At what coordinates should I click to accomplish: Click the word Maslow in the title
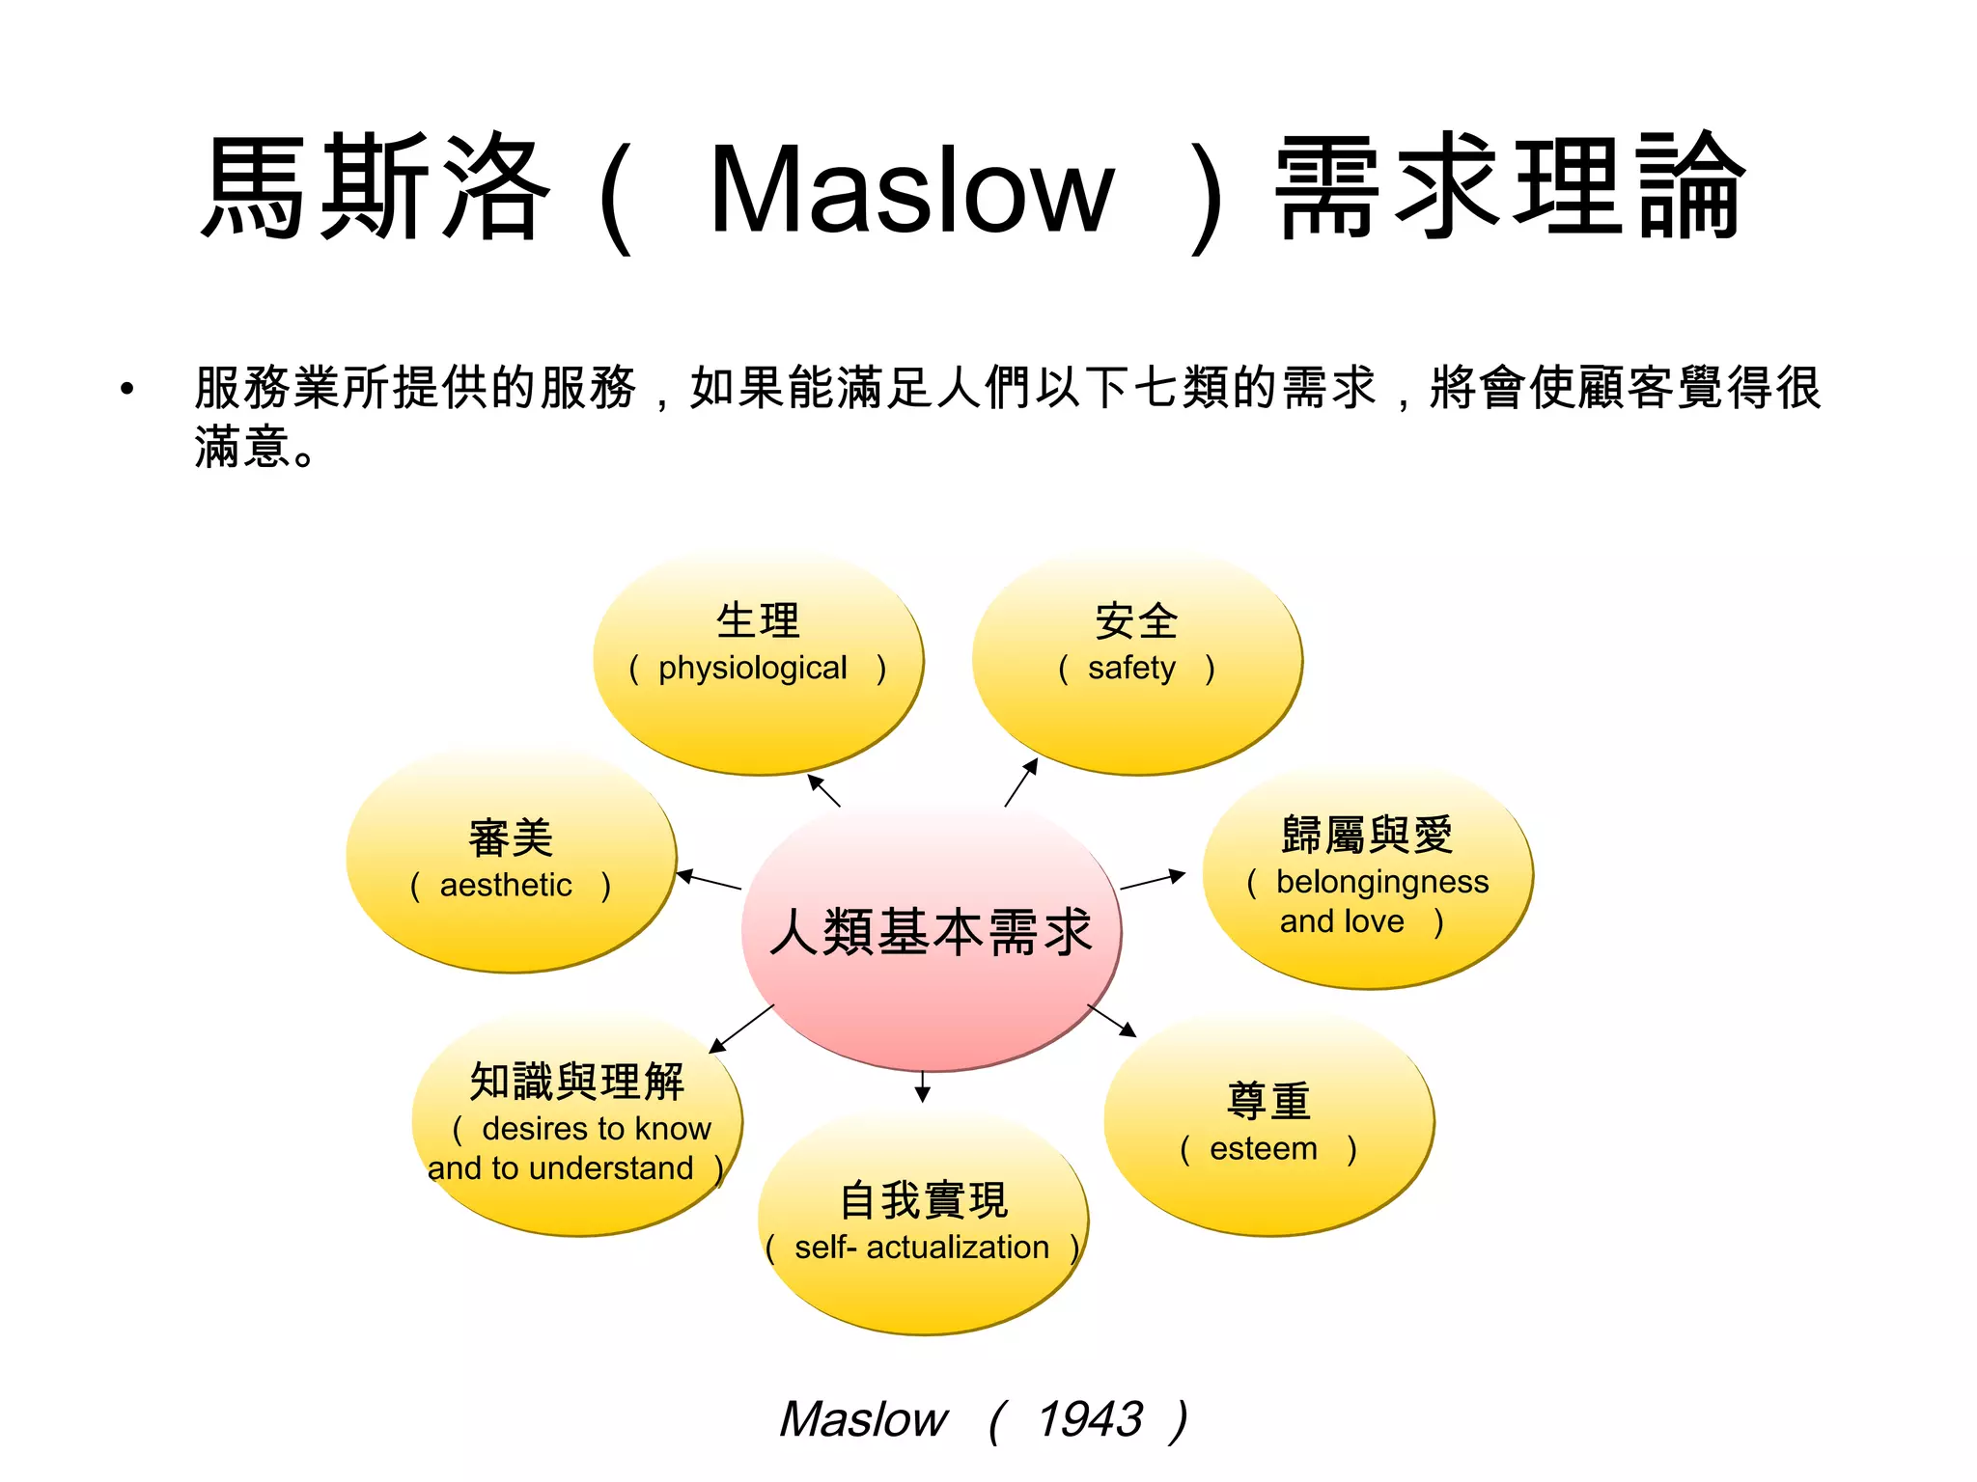coord(911,189)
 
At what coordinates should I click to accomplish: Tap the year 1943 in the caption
coord(1089,1419)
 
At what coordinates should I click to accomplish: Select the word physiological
coord(752,668)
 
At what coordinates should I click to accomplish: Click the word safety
coord(1131,668)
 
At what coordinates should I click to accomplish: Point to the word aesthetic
coord(506,885)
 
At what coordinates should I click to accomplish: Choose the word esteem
coord(1263,1148)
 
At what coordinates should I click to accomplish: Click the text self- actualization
coord(921,1247)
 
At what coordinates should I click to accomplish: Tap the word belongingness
coord(1381,882)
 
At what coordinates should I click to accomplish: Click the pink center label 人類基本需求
coord(931,932)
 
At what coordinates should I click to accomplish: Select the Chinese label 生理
coord(758,620)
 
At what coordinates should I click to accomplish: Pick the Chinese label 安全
coord(1136,621)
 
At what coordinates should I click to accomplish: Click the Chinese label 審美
coord(511,837)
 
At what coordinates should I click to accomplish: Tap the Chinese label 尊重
coord(1268,1101)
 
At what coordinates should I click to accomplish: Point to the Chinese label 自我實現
coord(924,1200)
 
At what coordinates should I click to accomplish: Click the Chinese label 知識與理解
coord(577,1081)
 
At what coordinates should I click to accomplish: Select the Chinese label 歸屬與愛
coord(1367,835)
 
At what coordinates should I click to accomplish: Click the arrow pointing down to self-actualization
coord(923,1086)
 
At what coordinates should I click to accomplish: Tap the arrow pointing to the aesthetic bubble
coord(709,880)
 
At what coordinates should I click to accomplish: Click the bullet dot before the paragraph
coord(126,389)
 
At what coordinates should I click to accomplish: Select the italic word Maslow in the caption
coord(863,1419)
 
